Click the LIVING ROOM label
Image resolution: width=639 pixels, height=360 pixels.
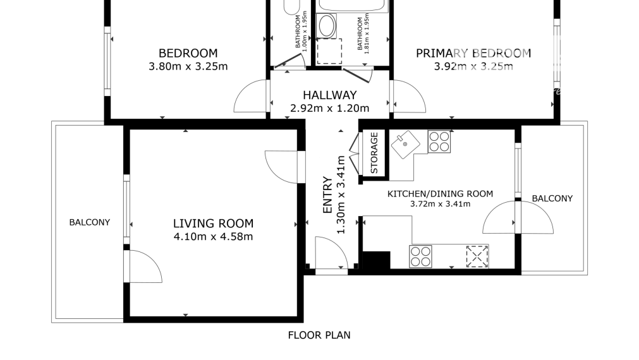point(213,223)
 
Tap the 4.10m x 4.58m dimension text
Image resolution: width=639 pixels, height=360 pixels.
point(213,236)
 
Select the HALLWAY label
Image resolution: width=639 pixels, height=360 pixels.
point(330,95)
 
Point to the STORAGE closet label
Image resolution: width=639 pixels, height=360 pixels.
point(374,153)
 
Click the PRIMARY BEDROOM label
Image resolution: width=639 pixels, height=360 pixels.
point(473,53)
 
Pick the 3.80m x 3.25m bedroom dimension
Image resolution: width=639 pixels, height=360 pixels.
point(188,66)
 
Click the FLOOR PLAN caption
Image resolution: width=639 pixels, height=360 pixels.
point(319,335)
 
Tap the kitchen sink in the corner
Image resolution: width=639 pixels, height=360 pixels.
point(406,145)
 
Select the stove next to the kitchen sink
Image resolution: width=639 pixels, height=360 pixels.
point(439,141)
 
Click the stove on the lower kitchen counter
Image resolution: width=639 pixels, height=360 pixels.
point(420,256)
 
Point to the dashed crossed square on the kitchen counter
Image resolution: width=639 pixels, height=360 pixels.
point(477,256)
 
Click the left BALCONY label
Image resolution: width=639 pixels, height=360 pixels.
point(90,222)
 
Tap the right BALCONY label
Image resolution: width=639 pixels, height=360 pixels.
point(552,198)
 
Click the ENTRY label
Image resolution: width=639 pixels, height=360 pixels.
point(327,195)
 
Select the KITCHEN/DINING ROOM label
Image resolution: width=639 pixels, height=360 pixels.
point(440,194)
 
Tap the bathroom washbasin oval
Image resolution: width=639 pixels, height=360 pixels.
point(326,26)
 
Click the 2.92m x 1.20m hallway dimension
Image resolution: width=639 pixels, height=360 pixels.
point(330,108)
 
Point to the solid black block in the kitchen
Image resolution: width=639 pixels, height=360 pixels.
point(376,260)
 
